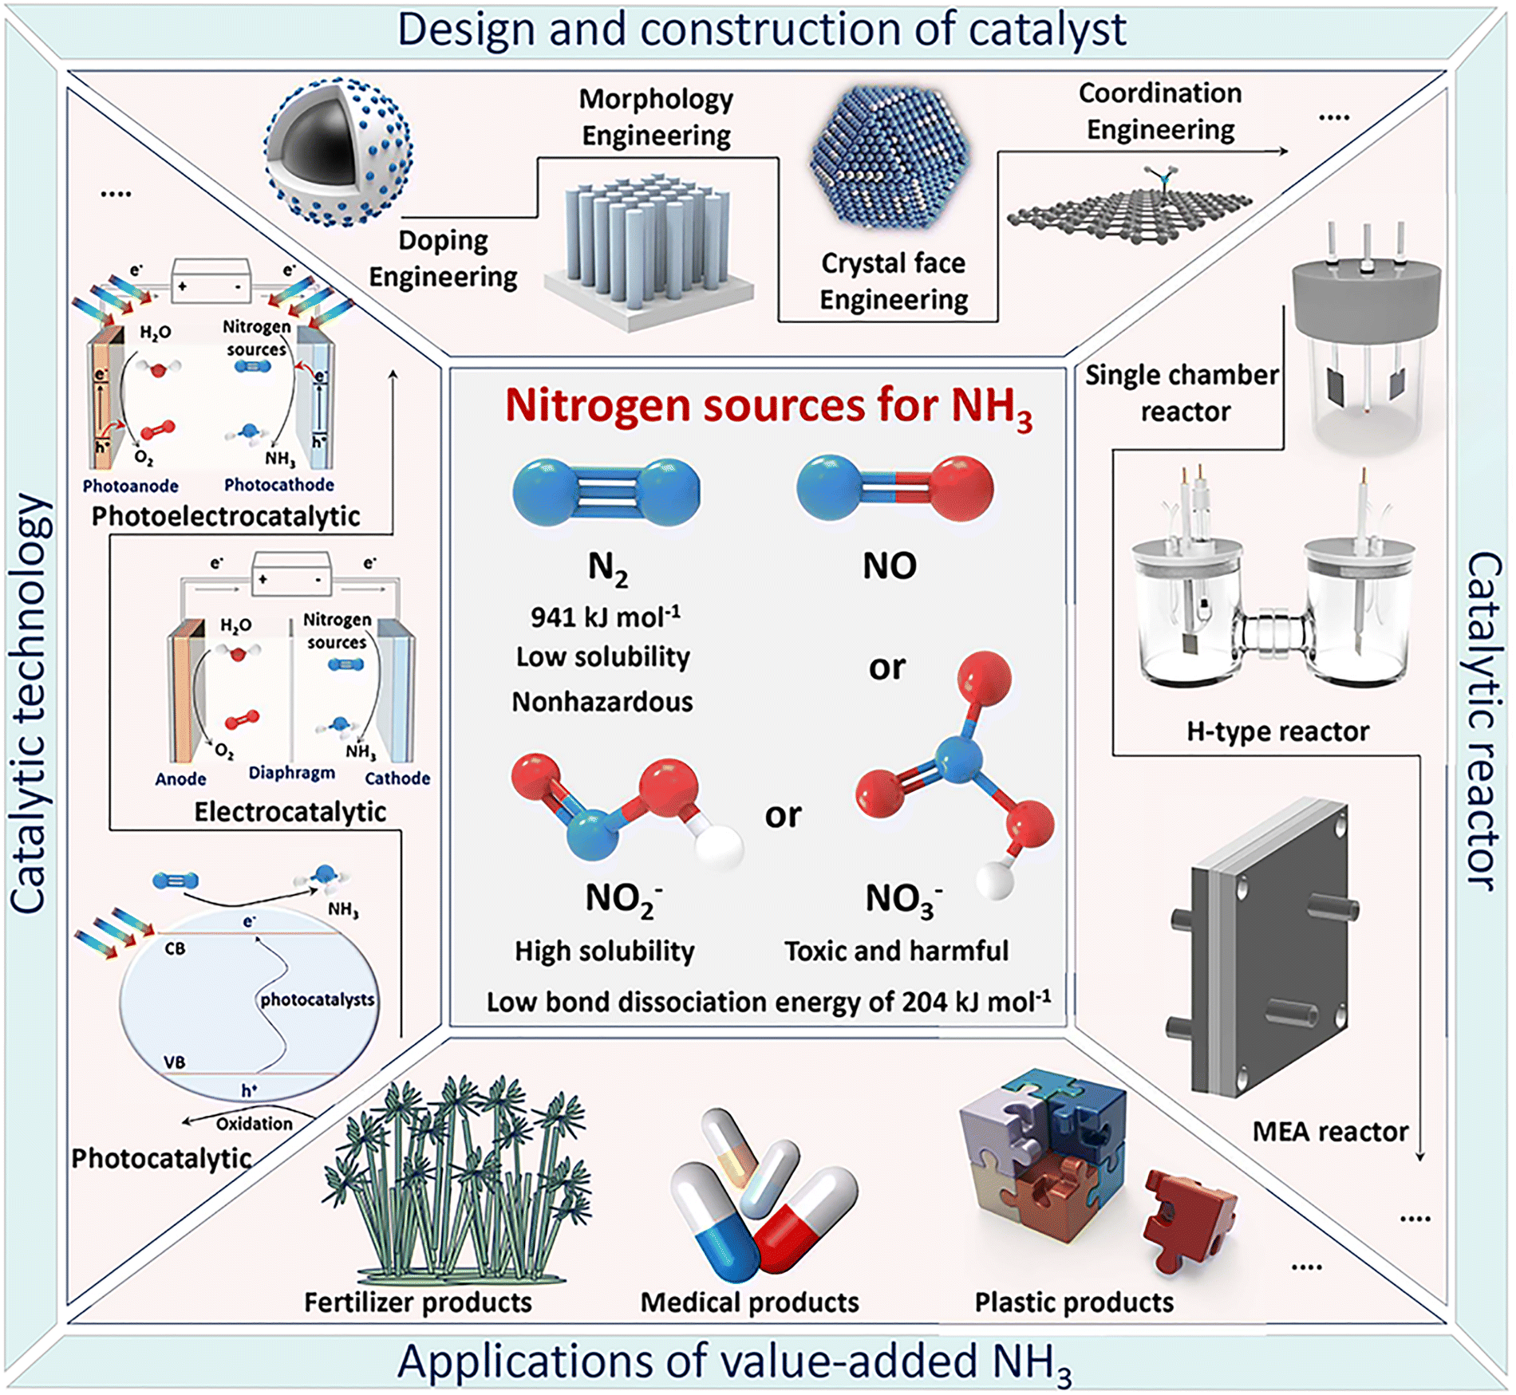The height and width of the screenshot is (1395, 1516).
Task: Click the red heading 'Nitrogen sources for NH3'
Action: point(768,407)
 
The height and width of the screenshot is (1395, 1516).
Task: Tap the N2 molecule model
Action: point(606,491)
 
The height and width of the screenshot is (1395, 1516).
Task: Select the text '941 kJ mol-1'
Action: point(606,617)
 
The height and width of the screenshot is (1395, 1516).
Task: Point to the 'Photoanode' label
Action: point(130,486)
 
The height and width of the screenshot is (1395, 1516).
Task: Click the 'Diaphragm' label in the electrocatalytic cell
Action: point(291,773)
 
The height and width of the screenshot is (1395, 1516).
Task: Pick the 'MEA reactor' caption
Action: point(1329,1131)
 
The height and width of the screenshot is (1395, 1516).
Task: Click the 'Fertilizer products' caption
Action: point(417,1302)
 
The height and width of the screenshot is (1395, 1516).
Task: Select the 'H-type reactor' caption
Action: point(1277,731)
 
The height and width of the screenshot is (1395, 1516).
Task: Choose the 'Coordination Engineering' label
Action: point(1160,111)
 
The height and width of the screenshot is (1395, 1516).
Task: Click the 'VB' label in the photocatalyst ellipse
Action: point(174,1062)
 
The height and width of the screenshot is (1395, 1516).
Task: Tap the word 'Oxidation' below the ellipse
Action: point(254,1124)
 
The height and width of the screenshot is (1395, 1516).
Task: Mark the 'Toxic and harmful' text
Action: point(896,951)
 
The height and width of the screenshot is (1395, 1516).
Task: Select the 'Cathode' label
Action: point(397,778)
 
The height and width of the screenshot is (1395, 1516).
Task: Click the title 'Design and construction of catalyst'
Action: point(761,30)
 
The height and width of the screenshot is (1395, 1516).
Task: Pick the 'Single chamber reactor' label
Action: point(1182,393)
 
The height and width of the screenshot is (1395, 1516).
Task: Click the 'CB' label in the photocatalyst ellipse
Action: point(175,948)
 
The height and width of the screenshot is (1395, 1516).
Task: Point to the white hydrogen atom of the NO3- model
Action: point(994,881)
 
